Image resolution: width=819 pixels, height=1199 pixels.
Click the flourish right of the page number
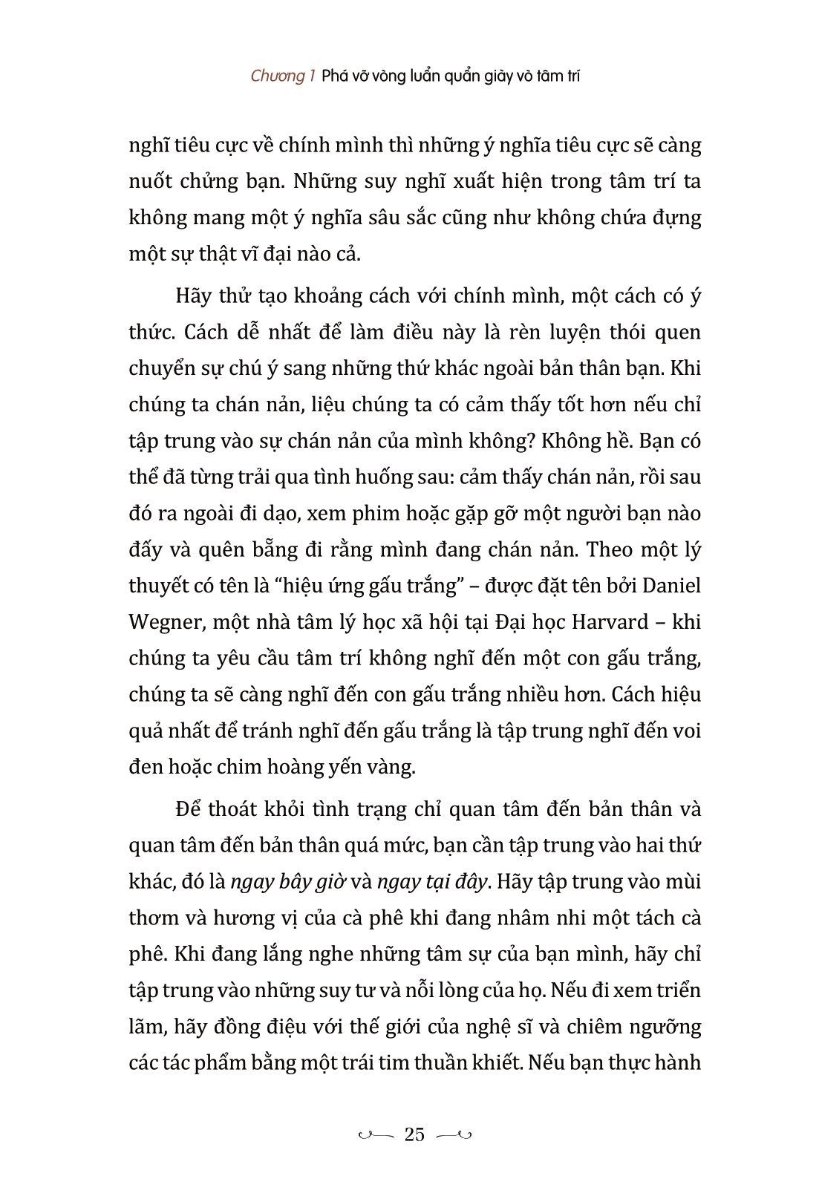[454, 1134]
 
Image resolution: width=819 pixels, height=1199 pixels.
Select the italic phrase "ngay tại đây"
[432, 881]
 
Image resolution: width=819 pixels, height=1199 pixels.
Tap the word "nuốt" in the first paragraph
[151, 182]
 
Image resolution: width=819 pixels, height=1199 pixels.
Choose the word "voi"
[686, 731]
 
